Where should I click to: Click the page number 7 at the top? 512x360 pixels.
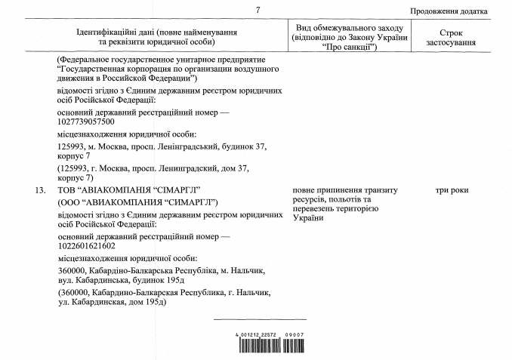(258, 11)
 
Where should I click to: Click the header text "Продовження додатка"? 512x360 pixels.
(449, 12)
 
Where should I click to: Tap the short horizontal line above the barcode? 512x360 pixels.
(259, 319)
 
